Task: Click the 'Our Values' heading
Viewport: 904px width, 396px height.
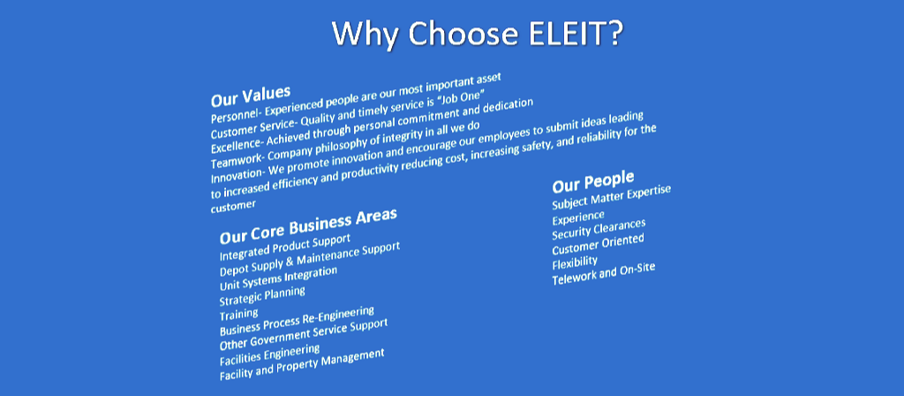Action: point(250,95)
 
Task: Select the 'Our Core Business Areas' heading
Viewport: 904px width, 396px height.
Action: point(308,226)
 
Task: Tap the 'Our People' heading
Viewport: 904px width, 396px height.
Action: point(593,181)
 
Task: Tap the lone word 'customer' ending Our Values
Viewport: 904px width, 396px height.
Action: point(233,206)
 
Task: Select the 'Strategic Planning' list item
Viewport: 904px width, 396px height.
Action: point(262,296)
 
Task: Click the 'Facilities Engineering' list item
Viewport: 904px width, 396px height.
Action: point(269,355)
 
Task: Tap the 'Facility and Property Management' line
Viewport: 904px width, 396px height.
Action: point(302,365)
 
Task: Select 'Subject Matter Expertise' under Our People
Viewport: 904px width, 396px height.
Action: point(612,197)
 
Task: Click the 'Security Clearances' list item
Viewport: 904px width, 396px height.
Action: point(599,230)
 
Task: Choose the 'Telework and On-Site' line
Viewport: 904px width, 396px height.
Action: point(604,274)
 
